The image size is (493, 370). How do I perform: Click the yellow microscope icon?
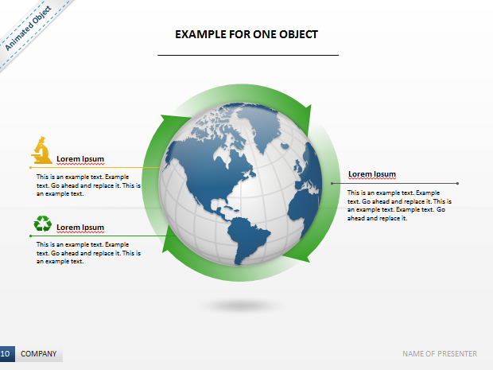[x=42, y=150]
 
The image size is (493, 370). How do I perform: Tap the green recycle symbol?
[x=43, y=224]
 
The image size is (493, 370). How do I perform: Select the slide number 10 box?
[x=7, y=353]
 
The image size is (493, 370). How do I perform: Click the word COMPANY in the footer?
[x=39, y=354]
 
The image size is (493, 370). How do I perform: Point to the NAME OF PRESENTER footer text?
[x=440, y=354]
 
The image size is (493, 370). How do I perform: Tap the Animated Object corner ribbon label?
[x=28, y=28]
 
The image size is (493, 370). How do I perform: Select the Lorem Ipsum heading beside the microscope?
[x=80, y=159]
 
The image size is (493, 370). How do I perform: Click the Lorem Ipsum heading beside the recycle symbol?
[x=80, y=227]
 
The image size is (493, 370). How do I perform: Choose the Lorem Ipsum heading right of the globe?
[x=372, y=174]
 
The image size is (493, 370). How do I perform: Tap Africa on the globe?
[x=304, y=208]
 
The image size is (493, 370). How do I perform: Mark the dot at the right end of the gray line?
[x=457, y=184]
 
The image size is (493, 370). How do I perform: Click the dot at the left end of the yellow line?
[x=30, y=168]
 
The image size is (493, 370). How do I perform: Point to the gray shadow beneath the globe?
[x=240, y=306]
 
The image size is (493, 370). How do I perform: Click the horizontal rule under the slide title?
[x=248, y=56]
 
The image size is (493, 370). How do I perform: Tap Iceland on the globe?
[x=285, y=146]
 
